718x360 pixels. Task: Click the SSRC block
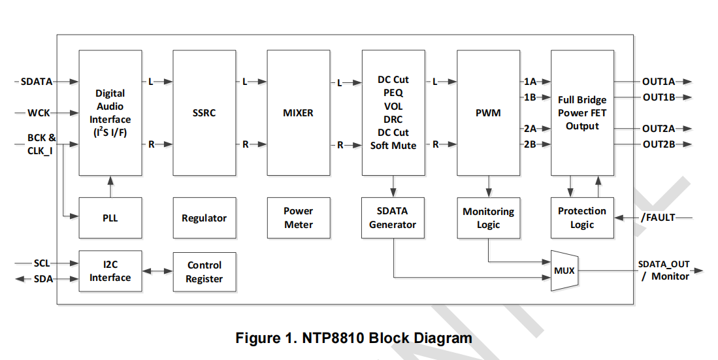pos(204,113)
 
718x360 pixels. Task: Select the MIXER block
pos(298,113)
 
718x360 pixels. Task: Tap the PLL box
pos(110,218)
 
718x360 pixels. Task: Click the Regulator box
pos(204,218)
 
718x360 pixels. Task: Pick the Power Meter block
pos(298,218)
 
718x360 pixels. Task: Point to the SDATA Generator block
pos(393,218)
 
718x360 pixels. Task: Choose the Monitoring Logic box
pos(488,218)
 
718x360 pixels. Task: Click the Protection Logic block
pos(582,218)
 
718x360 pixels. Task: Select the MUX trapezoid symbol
pos(564,270)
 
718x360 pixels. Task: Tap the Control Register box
pos(204,272)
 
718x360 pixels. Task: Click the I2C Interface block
pos(110,270)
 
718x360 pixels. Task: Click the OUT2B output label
pos(659,144)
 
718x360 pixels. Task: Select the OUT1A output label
pos(659,82)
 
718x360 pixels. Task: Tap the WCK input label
pos(39,113)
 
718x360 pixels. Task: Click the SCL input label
pos(42,263)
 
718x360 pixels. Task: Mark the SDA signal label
pos(43,279)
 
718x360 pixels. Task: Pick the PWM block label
pos(488,113)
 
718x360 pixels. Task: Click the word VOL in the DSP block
pos(393,106)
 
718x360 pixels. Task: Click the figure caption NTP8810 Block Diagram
pos(353,338)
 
